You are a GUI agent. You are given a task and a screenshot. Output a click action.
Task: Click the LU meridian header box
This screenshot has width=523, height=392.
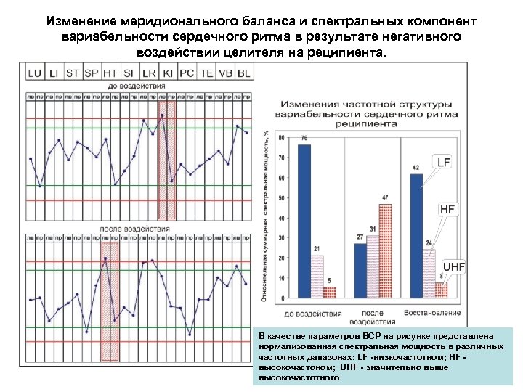34,73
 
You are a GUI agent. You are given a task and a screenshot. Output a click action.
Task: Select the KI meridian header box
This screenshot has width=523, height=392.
167,73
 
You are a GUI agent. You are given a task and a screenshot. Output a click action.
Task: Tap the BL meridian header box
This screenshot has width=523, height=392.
243,73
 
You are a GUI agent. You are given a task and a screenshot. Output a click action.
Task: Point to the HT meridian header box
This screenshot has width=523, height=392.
110,73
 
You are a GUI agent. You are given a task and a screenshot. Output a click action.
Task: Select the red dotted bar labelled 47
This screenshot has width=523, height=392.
385,251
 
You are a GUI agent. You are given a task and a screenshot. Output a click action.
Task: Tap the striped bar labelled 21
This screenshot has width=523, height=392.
317,277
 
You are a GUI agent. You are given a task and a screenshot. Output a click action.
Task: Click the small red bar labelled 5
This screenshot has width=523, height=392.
330,293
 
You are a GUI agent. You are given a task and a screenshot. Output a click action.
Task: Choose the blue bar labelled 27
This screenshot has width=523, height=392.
360,271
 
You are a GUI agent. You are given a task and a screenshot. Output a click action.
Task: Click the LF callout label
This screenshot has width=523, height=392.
444,163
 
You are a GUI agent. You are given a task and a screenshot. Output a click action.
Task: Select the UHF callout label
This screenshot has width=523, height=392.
454,267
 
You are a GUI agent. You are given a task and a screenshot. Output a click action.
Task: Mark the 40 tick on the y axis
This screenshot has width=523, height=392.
281,218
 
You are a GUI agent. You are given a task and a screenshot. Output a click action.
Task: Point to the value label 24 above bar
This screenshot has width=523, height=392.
429,242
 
